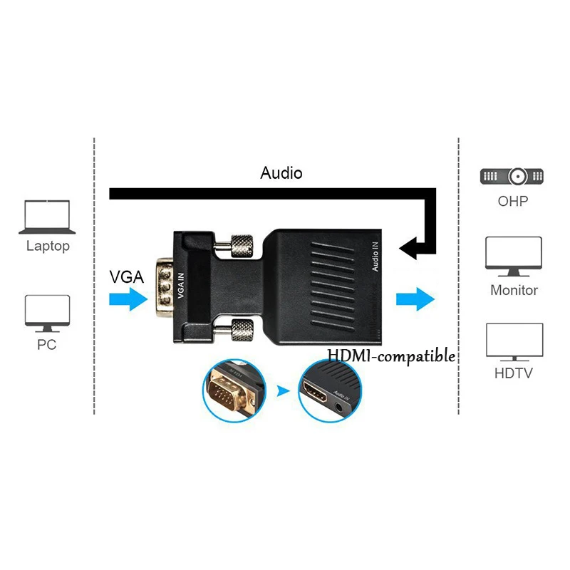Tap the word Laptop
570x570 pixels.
48,247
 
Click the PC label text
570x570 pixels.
48,346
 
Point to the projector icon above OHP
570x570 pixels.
513,177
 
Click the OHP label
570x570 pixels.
513,201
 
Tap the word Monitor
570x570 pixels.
514,290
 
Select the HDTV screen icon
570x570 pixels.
514,342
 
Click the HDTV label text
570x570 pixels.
514,373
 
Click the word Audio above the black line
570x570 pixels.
281,173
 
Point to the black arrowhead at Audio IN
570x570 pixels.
409,249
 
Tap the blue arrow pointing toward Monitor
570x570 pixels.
413,298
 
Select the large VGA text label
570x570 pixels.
126,276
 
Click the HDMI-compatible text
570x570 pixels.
391,356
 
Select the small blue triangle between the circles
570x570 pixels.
284,391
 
